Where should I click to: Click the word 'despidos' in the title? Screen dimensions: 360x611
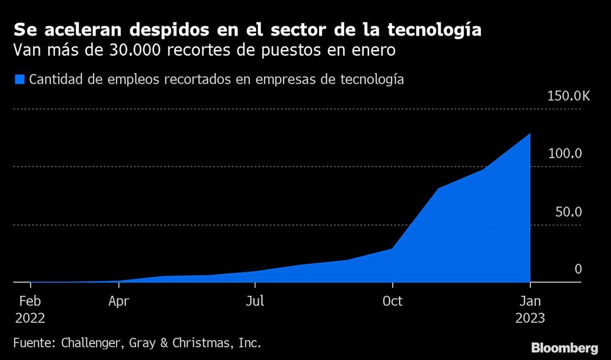tap(160, 30)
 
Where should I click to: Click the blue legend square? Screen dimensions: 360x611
tap(20, 79)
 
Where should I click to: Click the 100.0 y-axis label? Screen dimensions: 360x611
tap(565, 154)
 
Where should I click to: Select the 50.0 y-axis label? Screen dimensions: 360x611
tap(568, 211)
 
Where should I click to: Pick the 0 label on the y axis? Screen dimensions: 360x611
tap(578, 269)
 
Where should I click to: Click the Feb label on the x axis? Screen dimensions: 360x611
tap(31, 301)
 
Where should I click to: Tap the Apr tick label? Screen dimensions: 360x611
tap(119, 301)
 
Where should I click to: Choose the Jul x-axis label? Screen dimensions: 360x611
tap(255, 301)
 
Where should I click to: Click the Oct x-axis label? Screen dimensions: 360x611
tap(392, 301)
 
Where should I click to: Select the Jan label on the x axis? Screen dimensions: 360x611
tap(530, 301)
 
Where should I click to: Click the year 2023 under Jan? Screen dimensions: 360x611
tap(530, 318)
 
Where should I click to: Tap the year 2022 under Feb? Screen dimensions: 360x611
tap(31, 318)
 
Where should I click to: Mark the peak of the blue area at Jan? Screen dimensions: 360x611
tap(530, 134)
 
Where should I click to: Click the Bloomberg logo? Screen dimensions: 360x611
tap(564, 348)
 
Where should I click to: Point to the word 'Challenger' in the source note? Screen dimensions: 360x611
tap(93, 343)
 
